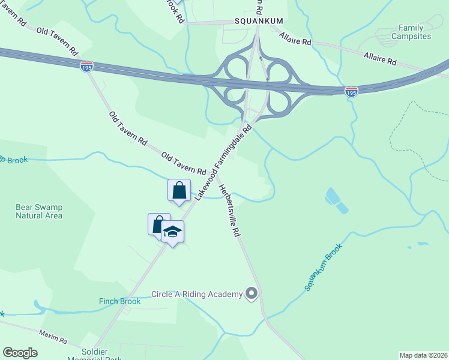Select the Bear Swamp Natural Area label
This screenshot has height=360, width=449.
[x=39, y=211]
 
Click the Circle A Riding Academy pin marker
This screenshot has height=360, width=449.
[x=252, y=294]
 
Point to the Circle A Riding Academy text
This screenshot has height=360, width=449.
[x=196, y=294]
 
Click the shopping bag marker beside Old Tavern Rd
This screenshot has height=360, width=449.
[x=179, y=190]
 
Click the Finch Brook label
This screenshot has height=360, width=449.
[x=120, y=301]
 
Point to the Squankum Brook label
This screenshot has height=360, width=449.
[x=324, y=268]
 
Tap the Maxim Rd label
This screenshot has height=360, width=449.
[x=53, y=335]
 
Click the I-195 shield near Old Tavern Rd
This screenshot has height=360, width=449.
[x=87, y=66]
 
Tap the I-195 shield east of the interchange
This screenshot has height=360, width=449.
[x=351, y=91]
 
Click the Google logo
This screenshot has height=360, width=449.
[x=20, y=353]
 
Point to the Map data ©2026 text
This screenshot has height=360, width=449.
[x=423, y=355]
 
